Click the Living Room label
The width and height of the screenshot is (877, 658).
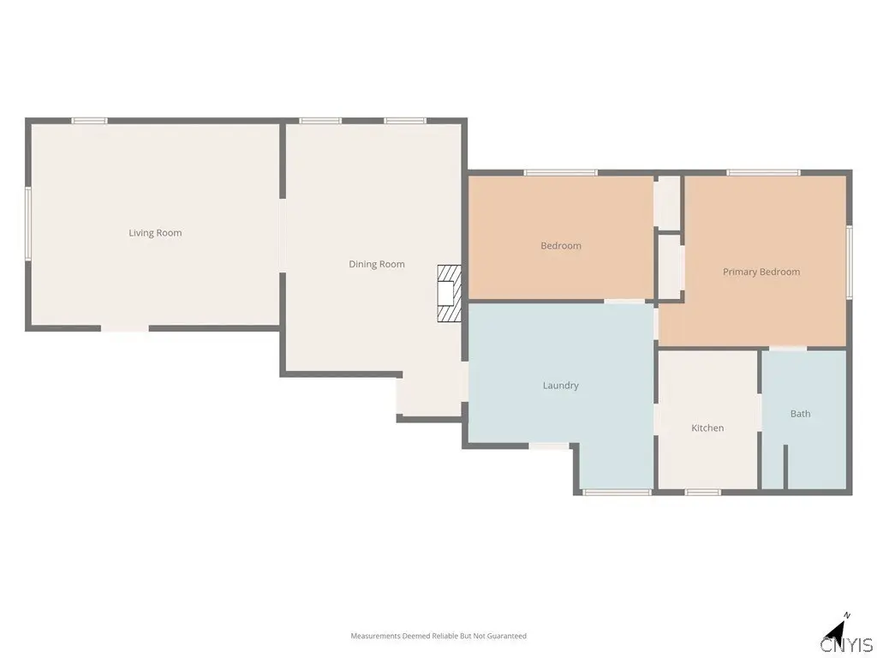pyautogui.click(x=155, y=233)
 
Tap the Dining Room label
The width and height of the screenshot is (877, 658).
pyautogui.click(x=377, y=264)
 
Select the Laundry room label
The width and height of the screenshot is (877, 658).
pyautogui.click(x=560, y=386)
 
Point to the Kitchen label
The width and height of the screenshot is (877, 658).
pyautogui.click(x=707, y=428)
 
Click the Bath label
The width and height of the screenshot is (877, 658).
pyautogui.click(x=801, y=414)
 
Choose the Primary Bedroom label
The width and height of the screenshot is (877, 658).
pyautogui.click(x=761, y=272)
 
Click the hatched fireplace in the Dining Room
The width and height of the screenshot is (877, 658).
pyautogui.click(x=449, y=293)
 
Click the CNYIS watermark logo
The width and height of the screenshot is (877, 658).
pyautogui.click(x=847, y=644)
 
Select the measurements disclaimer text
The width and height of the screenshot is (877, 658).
pyautogui.click(x=438, y=636)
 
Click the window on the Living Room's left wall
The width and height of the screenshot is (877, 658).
pyautogui.click(x=28, y=224)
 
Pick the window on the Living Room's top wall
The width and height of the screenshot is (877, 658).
pyautogui.click(x=89, y=120)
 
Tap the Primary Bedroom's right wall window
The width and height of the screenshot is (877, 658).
pyautogui.click(x=849, y=261)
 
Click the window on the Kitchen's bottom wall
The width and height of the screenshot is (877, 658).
pyautogui.click(x=703, y=493)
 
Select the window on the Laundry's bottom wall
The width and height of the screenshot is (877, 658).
pyautogui.click(x=617, y=493)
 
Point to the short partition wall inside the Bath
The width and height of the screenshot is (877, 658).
pyautogui.click(x=785, y=467)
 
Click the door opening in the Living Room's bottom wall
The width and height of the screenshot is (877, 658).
pyautogui.click(x=125, y=328)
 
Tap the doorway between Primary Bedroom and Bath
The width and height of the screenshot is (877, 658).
pyautogui.click(x=788, y=348)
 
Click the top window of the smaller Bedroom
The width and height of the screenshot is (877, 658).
pyautogui.click(x=560, y=172)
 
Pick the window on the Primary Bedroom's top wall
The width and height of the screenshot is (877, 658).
pyautogui.click(x=763, y=172)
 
